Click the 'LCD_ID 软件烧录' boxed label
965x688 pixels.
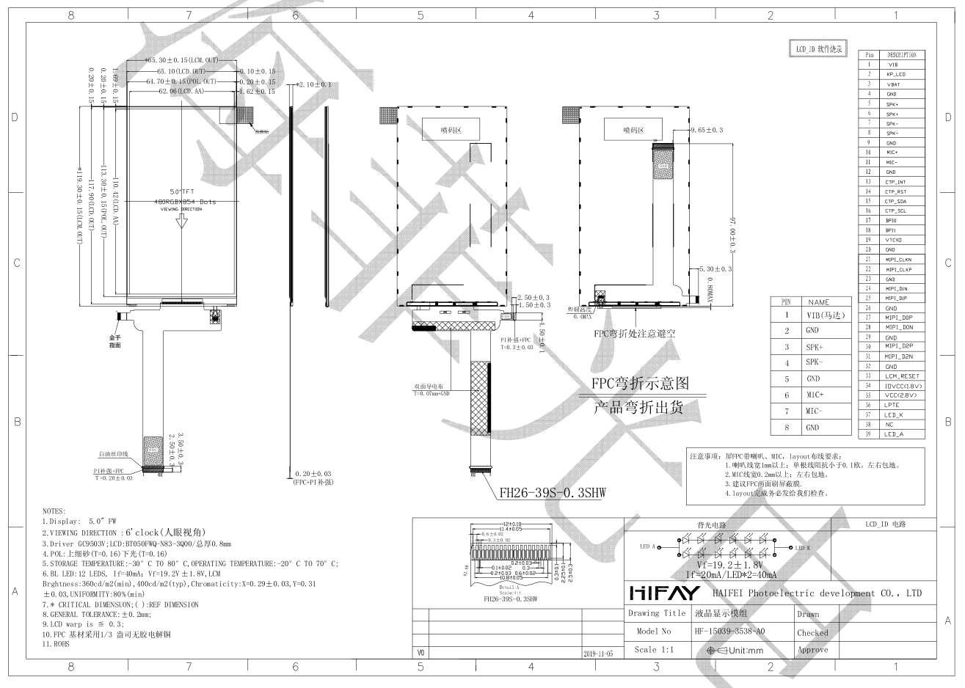(818, 49)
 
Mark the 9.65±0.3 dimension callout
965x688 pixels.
(707, 130)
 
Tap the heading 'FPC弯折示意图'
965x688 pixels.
(641, 384)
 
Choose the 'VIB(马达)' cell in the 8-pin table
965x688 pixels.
(826, 315)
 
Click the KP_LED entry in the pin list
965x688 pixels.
(896, 75)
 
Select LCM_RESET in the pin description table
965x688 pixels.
(901, 376)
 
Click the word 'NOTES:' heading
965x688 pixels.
(54, 511)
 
